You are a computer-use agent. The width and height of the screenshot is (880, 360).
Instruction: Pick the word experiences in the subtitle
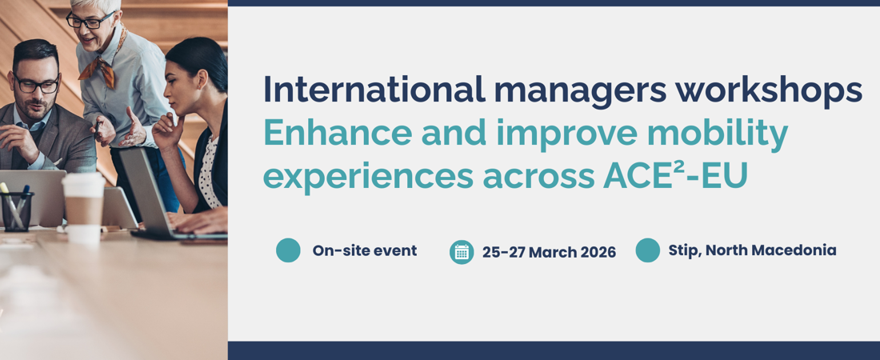[369, 176]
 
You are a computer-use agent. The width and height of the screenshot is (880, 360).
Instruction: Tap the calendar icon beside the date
[462, 252]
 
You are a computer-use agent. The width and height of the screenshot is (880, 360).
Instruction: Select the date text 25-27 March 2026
[549, 252]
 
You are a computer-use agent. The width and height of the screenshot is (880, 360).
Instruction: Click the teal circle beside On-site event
[289, 250]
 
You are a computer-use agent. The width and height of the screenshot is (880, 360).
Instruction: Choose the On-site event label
[365, 250]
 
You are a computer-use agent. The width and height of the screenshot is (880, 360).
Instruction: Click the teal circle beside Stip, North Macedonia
[648, 250]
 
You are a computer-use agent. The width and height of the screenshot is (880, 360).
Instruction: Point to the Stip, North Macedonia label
[752, 250]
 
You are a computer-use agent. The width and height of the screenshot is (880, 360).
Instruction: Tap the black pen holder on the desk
[16, 211]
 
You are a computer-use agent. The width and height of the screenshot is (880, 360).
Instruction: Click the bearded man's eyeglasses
[37, 85]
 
